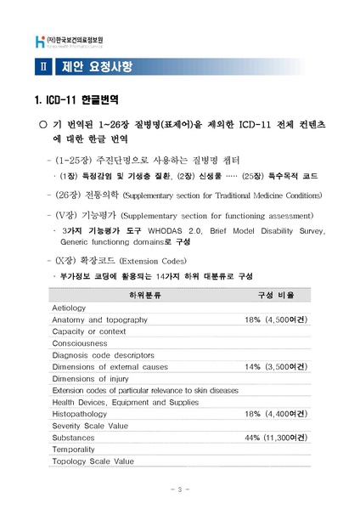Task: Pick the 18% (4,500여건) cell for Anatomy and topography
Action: coord(276,319)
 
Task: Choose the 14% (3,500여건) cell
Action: coord(276,366)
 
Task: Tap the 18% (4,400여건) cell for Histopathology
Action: coord(276,413)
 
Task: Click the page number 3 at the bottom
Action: coord(180,489)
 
